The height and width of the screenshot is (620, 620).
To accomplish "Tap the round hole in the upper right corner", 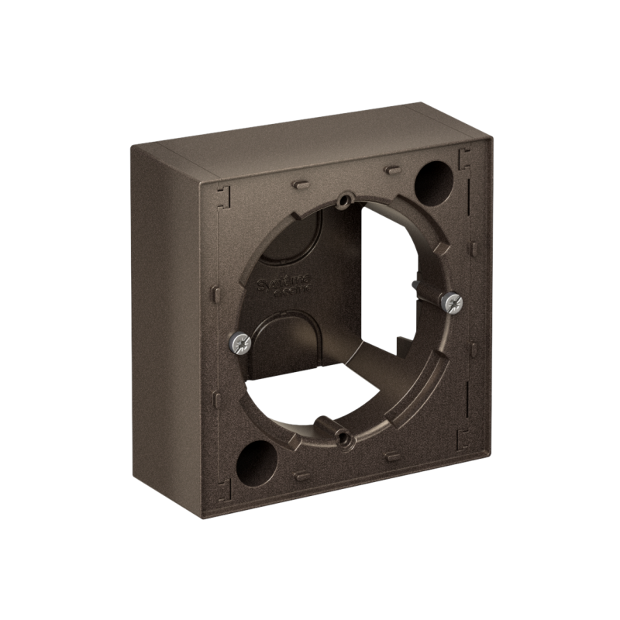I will (x=433, y=183).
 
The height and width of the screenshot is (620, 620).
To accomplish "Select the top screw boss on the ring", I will (x=342, y=202).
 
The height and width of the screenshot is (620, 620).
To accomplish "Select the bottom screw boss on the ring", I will (x=343, y=439).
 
